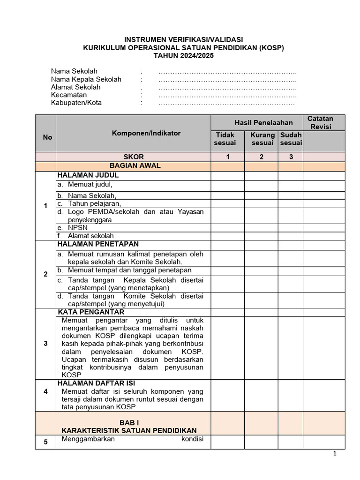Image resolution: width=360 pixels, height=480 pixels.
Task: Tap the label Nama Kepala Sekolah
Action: (x=86, y=79)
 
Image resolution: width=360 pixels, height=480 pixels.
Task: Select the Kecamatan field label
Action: (x=69, y=95)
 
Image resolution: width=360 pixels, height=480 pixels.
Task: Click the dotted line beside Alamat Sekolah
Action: (x=227, y=87)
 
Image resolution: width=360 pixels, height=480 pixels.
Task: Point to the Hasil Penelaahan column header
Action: (x=257, y=123)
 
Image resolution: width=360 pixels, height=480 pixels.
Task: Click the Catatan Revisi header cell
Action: (x=324, y=123)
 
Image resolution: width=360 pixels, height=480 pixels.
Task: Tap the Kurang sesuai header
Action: (x=262, y=139)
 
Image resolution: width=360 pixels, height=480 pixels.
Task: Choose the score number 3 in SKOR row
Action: (x=291, y=157)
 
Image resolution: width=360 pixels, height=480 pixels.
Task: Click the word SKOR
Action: (x=134, y=157)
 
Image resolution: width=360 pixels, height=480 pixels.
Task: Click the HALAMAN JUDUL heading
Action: (x=88, y=175)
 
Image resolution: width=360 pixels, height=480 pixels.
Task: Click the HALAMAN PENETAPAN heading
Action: (x=98, y=244)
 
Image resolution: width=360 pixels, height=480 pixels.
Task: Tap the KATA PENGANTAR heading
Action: (x=91, y=312)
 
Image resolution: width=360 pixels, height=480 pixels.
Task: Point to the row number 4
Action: (x=45, y=391)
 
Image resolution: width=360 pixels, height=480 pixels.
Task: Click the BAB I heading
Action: (x=129, y=422)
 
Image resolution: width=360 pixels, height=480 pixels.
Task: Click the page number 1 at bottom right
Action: (x=335, y=453)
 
